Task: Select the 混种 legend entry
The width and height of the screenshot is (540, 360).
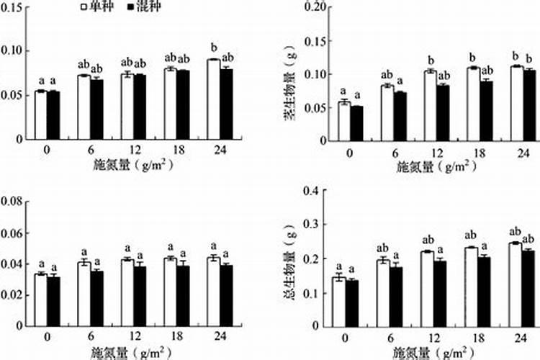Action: tap(145, 6)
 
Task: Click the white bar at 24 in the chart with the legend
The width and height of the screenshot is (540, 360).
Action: tap(213, 99)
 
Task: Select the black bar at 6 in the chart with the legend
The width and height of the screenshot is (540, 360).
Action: tap(96, 109)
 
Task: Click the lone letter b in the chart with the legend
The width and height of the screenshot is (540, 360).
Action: tap(213, 48)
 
